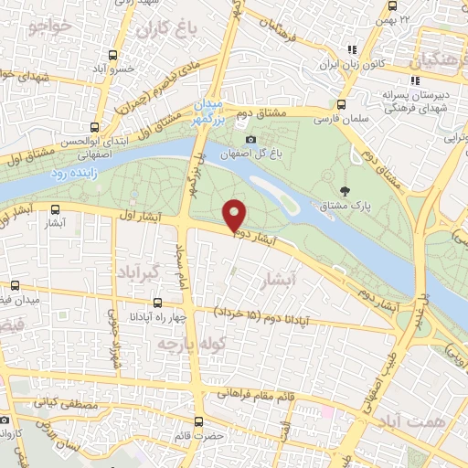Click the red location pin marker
[235, 216]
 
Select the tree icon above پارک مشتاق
[345, 190]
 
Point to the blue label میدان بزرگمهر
[207, 109]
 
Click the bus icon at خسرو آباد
[112, 55]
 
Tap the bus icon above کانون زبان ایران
[348, 49]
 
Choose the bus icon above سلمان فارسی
[341, 104]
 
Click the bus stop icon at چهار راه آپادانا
[157, 302]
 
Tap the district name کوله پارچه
[179, 344]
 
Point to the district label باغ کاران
[165, 30]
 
